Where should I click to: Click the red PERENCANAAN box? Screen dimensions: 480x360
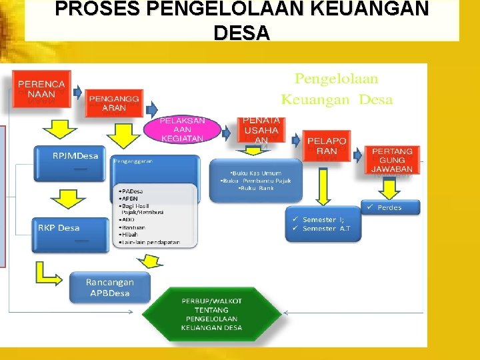point(41,89)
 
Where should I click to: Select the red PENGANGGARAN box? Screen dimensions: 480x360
point(114,103)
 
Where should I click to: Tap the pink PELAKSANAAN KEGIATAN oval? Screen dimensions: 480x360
point(182,129)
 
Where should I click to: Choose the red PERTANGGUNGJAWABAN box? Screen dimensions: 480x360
point(392,160)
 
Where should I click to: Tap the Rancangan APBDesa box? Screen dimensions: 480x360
point(109,287)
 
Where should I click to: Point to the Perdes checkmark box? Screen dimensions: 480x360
point(391,207)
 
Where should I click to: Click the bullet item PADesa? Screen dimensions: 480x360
point(131,191)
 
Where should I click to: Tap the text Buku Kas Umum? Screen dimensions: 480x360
point(255,173)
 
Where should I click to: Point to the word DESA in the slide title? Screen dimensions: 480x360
point(241,32)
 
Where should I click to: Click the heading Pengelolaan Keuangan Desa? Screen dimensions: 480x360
point(337,89)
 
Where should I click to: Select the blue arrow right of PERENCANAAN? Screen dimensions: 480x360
point(76,91)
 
